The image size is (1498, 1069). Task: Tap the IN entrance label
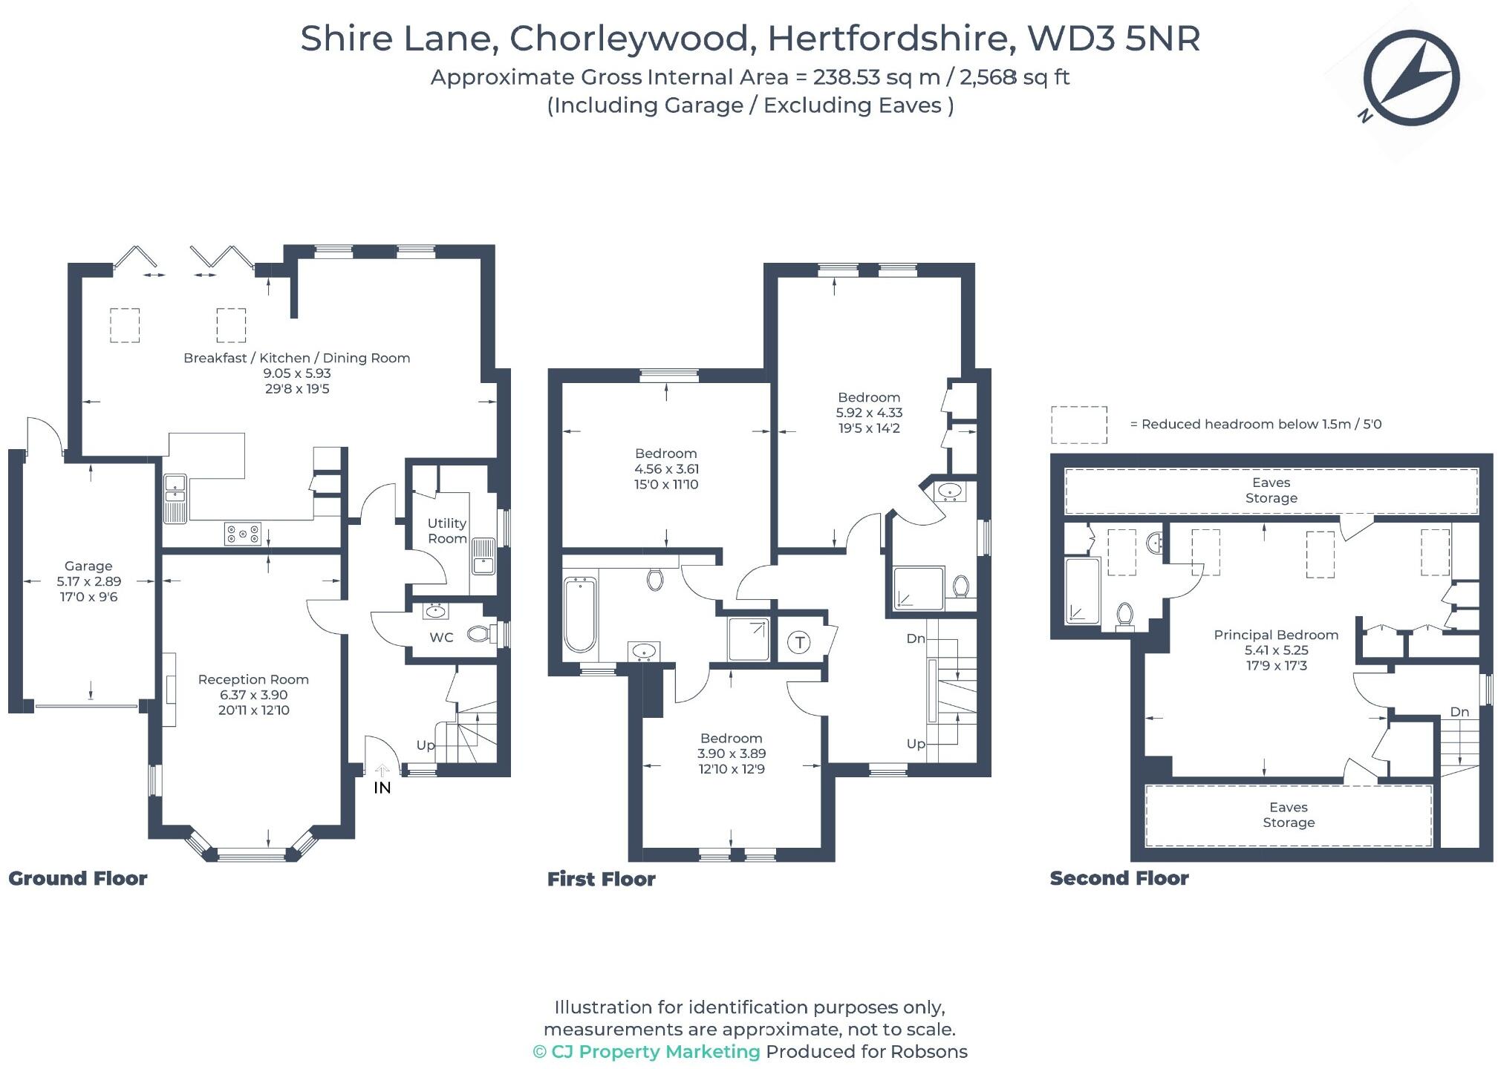pyautogui.click(x=382, y=788)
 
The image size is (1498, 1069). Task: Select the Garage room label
pyautogui.click(x=88, y=566)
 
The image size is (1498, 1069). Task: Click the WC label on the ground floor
pyautogui.click(x=441, y=637)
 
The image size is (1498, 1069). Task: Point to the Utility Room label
pyautogui.click(x=447, y=531)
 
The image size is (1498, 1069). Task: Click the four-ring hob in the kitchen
pyautogui.click(x=243, y=533)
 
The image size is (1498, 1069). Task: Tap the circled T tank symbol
pyautogui.click(x=799, y=642)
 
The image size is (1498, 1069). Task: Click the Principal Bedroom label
pyautogui.click(x=1275, y=635)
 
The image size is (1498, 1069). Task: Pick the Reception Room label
pyautogui.click(x=253, y=679)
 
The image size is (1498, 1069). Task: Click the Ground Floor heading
pyautogui.click(x=78, y=878)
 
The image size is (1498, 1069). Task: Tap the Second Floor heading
pyautogui.click(x=1118, y=878)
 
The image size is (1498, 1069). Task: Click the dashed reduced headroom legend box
pyautogui.click(x=1078, y=425)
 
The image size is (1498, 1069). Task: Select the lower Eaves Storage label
pyautogui.click(x=1288, y=814)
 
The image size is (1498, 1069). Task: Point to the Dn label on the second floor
pyautogui.click(x=1459, y=712)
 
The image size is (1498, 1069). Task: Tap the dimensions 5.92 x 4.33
pyautogui.click(x=869, y=413)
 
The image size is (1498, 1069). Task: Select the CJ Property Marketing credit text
pyautogui.click(x=646, y=1051)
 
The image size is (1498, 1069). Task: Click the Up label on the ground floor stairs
pyautogui.click(x=426, y=745)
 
